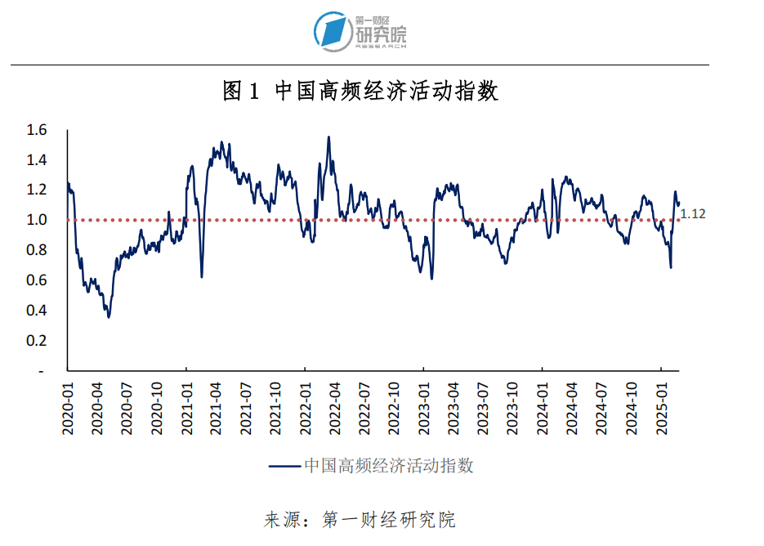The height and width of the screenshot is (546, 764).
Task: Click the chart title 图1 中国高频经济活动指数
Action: [x=360, y=91]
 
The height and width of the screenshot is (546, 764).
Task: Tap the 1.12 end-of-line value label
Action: [x=693, y=214]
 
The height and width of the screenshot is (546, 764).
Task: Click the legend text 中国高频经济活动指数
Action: [x=389, y=466]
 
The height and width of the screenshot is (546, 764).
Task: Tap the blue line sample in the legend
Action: [x=284, y=466]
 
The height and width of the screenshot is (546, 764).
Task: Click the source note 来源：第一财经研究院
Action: [x=360, y=520]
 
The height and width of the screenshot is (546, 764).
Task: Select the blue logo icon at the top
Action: [x=333, y=30]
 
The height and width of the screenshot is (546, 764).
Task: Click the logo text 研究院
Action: [x=381, y=34]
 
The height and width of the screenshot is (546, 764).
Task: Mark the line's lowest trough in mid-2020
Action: [x=109, y=316]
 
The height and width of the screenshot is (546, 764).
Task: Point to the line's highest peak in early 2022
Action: [x=328, y=137]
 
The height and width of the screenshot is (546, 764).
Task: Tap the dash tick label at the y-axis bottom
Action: [x=40, y=370]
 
